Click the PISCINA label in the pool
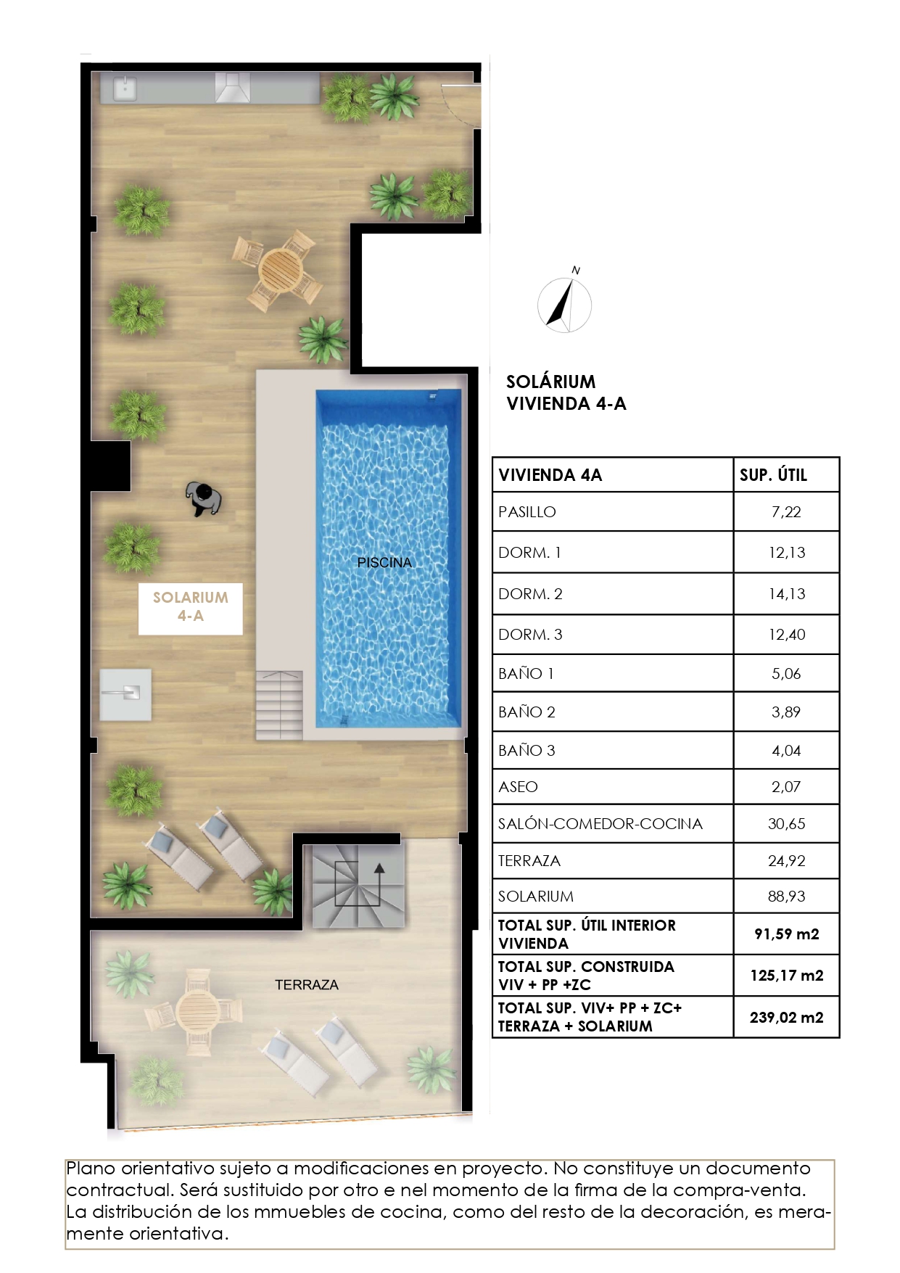pos(384,562)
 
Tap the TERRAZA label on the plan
pos(306,984)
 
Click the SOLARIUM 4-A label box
pos(190,606)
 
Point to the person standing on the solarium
pos(204,499)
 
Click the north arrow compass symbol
pos(565,305)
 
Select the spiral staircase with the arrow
pos(358,886)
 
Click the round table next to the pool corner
pos(278,270)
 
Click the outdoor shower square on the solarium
pos(125,694)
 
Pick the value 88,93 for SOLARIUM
pos(786,896)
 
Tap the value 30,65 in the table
pos(786,823)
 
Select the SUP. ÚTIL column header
pos(773,475)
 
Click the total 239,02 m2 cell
pos(786,1017)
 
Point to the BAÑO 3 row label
pos(527,750)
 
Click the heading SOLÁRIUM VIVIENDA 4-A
pos(566,392)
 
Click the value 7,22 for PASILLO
pos(786,511)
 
